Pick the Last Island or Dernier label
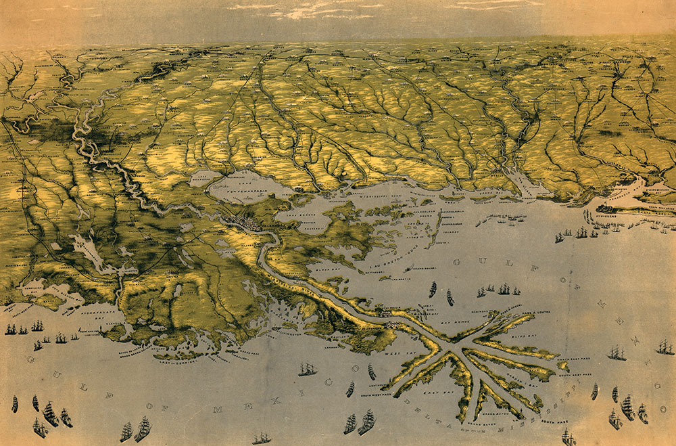click(x=179, y=358)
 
